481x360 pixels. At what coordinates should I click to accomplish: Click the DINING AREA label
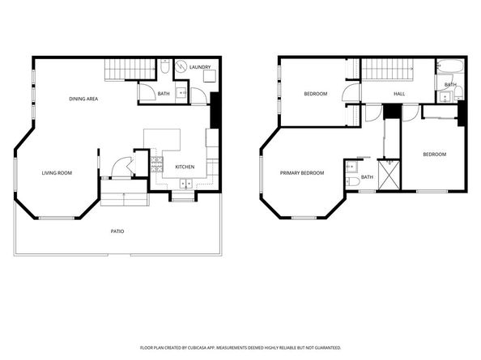[83, 99]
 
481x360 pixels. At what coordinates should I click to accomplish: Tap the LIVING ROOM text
[57, 172]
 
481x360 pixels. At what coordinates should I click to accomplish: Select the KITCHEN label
[185, 167]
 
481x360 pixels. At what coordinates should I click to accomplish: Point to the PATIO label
[117, 231]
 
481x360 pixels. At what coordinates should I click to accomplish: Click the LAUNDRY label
[200, 67]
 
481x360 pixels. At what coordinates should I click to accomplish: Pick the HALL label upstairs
[399, 94]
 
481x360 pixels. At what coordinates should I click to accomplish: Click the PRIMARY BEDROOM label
[302, 173]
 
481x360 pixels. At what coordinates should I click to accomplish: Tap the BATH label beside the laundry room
[164, 94]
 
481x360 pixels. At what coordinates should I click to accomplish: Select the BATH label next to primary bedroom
[367, 177]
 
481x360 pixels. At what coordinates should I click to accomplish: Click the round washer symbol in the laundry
[181, 68]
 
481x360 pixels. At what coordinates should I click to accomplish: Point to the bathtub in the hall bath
[449, 67]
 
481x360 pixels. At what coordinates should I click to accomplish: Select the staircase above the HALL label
[387, 71]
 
